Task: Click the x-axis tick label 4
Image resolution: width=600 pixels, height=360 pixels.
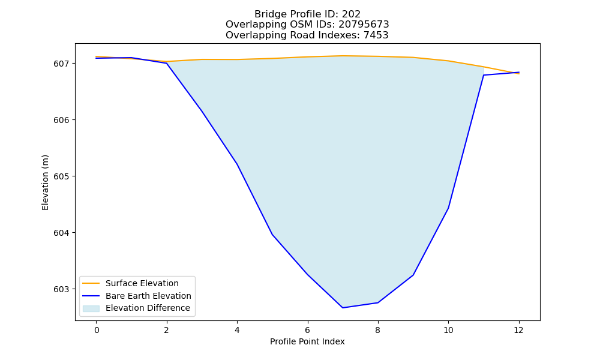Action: tap(237, 330)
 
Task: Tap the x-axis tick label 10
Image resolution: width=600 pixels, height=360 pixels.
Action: tap(448, 330)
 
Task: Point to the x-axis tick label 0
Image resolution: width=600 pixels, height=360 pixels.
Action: tap(97, 330)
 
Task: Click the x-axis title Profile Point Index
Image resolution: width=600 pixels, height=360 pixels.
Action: tap(307, 341)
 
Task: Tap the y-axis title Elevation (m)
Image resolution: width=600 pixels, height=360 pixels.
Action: tap(45, 182)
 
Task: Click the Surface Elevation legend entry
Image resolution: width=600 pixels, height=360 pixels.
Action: tap(130, 283)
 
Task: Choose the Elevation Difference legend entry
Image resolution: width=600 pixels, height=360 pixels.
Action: tap(136, 308)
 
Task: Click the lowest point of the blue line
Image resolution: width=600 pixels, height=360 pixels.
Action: tap(343, 308)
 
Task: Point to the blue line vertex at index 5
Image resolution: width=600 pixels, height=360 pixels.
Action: tap(272, 234)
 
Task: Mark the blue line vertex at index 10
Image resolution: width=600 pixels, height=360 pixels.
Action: tap(448, 208)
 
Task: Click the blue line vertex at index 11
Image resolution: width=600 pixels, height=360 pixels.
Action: tap(484, 75)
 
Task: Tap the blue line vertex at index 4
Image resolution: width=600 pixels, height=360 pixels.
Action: tap(237, 164)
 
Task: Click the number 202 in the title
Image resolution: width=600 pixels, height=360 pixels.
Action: tap(351, 14)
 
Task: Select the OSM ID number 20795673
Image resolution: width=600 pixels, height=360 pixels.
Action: tap(364, 25)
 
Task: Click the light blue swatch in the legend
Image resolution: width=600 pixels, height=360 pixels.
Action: tap(91, 308)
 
